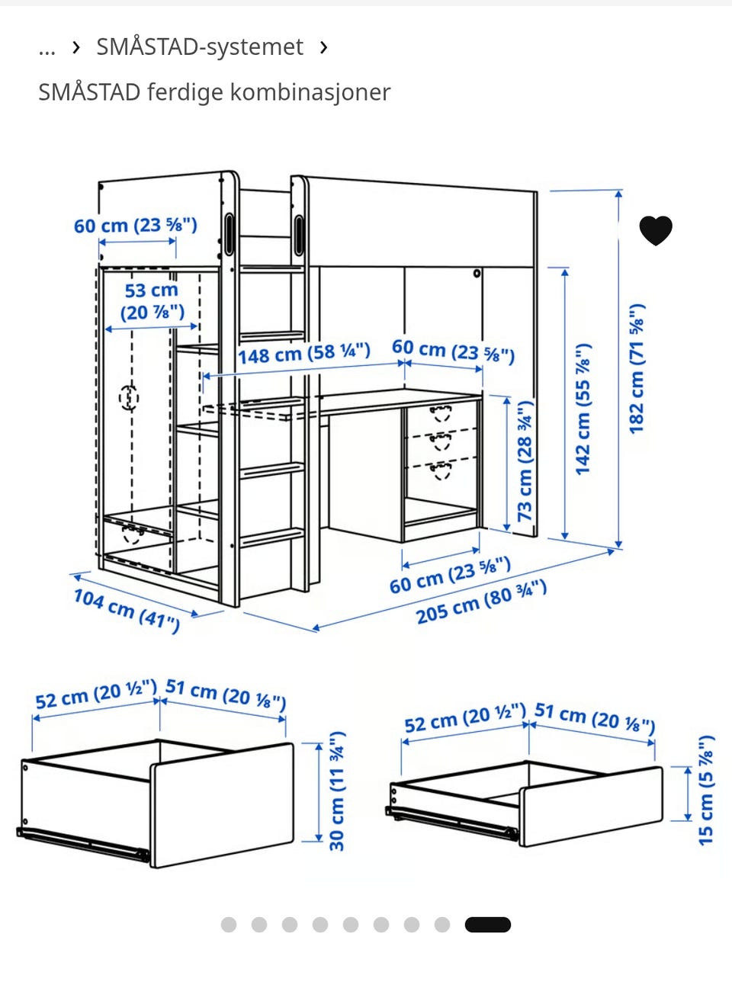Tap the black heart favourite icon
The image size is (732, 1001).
pyautogui.click(x=656, y=230)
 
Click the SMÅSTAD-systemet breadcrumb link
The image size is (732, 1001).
pyautogui.click(x=200, y=47)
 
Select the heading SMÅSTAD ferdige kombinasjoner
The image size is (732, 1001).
pyautogui.click(x=214, y=92)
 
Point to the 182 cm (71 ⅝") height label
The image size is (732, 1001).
pyautogui.click(x=637, y=369)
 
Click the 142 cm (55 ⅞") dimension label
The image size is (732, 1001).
pyautogui.click(x=583, y=409)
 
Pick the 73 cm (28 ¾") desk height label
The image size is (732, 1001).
pyautogui.click(x=525, y=461)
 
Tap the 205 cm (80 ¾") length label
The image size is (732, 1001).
pyautogui.click(x=481, y=602)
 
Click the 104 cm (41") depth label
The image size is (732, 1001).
pyautogui.click(x=127, y=611)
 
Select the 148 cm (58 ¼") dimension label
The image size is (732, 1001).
pyautogui.click(x=304, y=354)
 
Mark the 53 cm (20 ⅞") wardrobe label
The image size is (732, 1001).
pyautogui.click(x=152, y=302)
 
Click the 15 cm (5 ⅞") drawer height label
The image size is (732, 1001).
pyautogui.click(x=706, y=790)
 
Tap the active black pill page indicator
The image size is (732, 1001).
pyautogui.click(x=487, y=925)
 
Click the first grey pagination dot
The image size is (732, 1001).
pyautogui.click(x=229, y=925)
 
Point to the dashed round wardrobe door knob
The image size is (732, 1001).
pyautogui.click(x=129, y=398)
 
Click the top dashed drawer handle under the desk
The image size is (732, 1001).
pyautogui.click(x=441, y=413)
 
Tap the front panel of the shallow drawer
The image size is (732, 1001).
pyautogui.click(x=591, y=806)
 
